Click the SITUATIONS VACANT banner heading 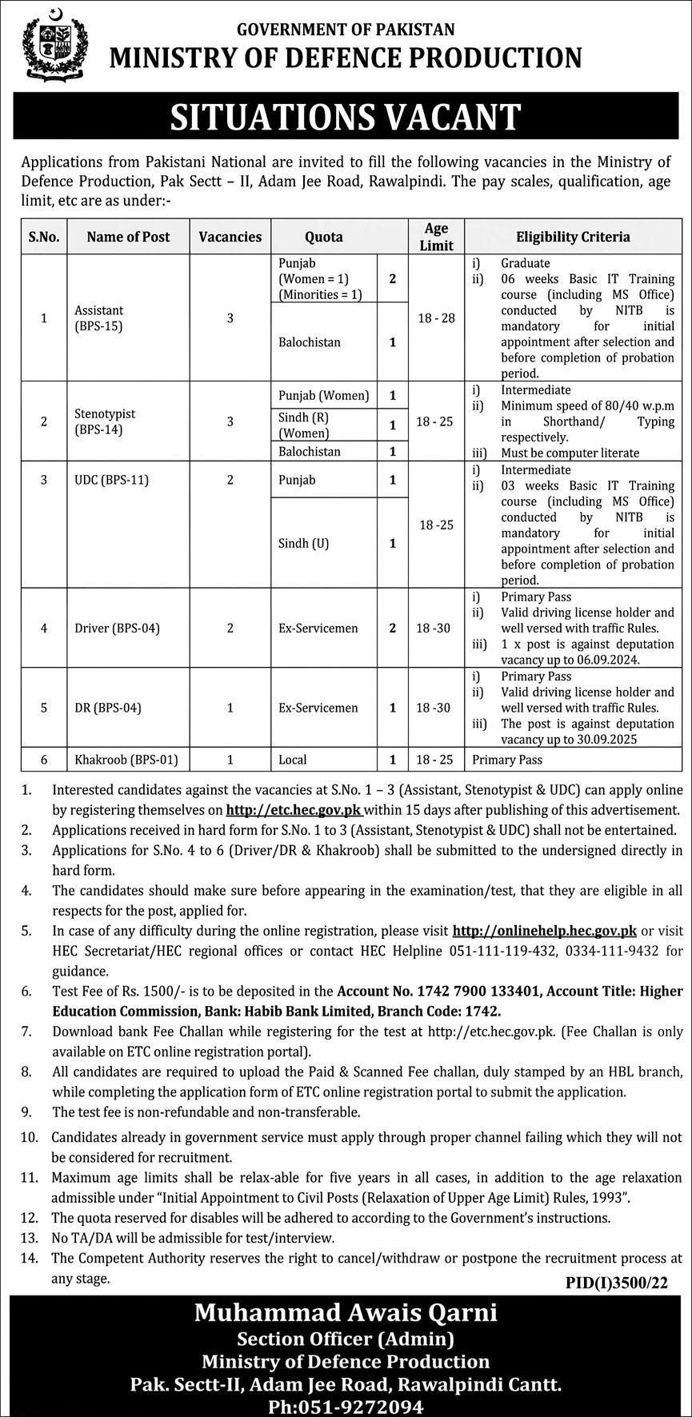(346, 117)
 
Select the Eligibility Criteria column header (572, 237)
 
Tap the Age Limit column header (436, 237)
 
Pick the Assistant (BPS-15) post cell (99, 317)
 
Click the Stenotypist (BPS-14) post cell (105, 421)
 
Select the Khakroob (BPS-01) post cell (126, 759)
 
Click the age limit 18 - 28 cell (436, 317)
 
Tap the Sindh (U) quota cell (304, 543)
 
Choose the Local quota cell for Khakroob (293, 759)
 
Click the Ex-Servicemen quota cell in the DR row (318, 708)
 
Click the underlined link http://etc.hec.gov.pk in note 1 (294, 809)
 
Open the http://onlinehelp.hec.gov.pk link (545, 930)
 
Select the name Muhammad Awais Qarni (346, 1312)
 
